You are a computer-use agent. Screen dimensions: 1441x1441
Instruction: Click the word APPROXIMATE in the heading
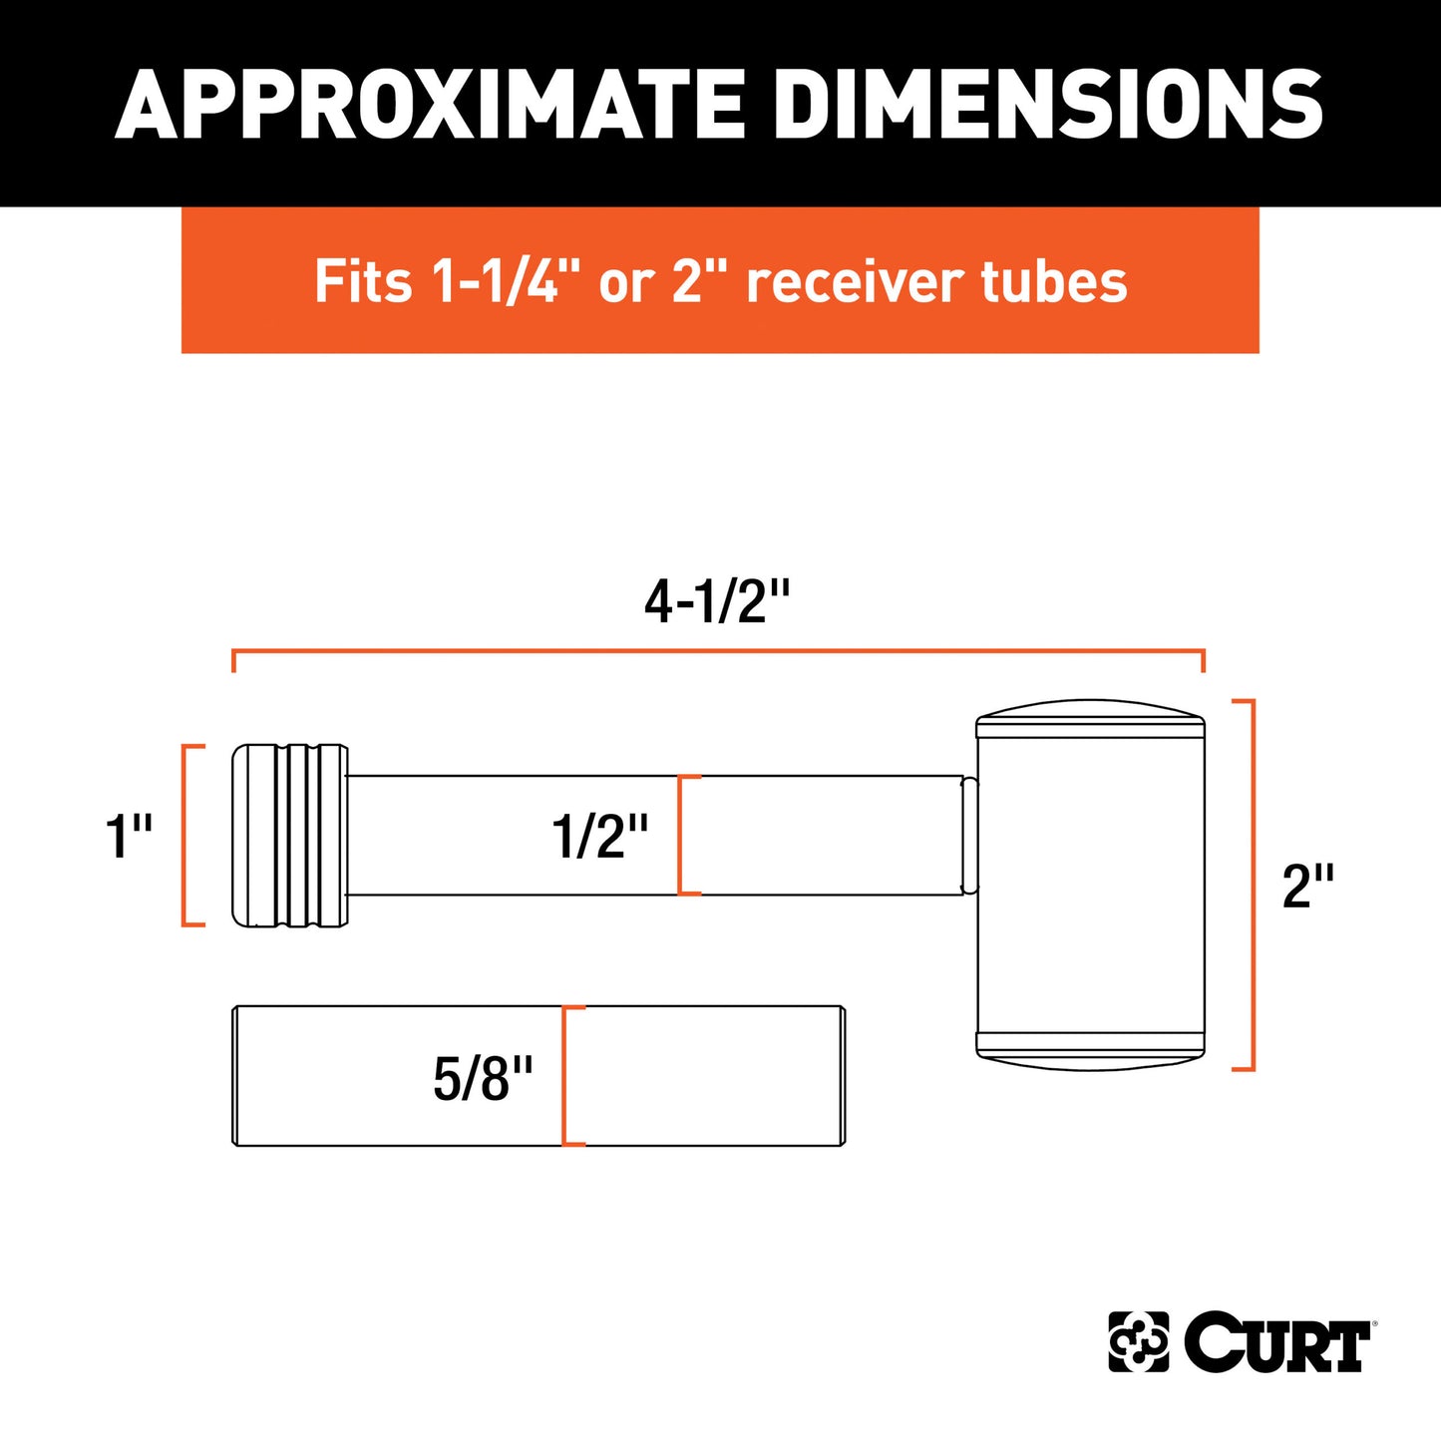click(x=430, y=104)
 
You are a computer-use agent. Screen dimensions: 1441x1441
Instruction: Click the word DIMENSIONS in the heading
click(x=1048, y=104)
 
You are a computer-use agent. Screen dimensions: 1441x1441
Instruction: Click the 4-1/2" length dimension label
click(x=717, y=602)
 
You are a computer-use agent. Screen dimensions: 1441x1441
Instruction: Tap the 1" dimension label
click(x=129, y=836)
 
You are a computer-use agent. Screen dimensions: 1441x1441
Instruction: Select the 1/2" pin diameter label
click(x=599, y=836)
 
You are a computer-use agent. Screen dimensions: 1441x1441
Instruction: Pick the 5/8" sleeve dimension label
click(x=483, y=1078)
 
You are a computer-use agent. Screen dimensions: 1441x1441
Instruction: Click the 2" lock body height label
click(x=1307, y=886)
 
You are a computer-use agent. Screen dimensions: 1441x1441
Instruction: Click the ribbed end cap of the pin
click(x=290, y=836)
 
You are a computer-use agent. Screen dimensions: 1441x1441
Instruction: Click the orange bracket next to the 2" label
click(x=1250, y=886)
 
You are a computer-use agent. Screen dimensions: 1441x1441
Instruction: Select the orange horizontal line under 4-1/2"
click(x=718, y=651)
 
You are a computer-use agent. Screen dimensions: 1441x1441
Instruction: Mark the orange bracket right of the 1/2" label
click(x=682, y=836)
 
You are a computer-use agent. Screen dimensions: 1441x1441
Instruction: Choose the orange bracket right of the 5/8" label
click(x=566, y=1076)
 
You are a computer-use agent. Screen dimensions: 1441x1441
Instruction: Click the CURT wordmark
click(x=1277, y=1342)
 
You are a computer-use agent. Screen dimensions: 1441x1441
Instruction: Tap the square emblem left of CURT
click(x=1138, y=1342)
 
